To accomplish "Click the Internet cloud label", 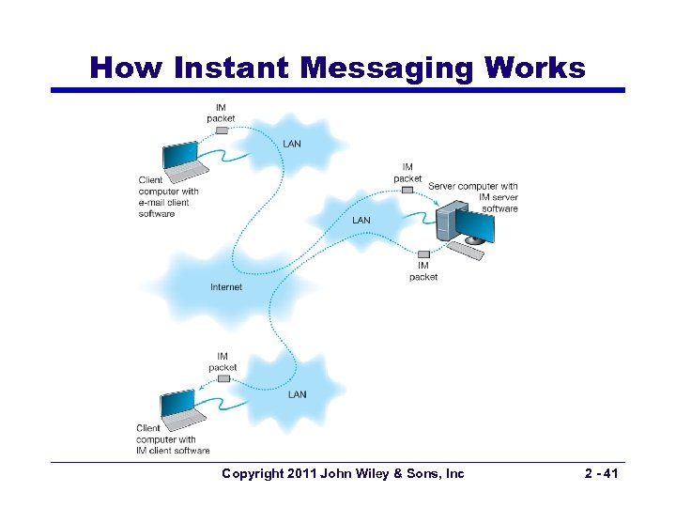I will coord(226,287).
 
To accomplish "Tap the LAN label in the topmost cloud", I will coord(293,145).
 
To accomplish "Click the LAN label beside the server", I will coord(361,221).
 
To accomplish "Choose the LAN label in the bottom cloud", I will coord(297,394).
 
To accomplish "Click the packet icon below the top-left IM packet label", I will coord(222,131).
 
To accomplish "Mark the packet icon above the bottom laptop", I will coord(223,378).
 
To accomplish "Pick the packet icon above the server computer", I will coord(407,190).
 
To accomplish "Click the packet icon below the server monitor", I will coord(423,254).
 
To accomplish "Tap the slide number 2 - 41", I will coord(599,474).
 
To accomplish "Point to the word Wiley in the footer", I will coord(378,474).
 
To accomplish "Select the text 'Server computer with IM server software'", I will coord(473,197).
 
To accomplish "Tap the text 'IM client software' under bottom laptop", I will coord(173,451).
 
